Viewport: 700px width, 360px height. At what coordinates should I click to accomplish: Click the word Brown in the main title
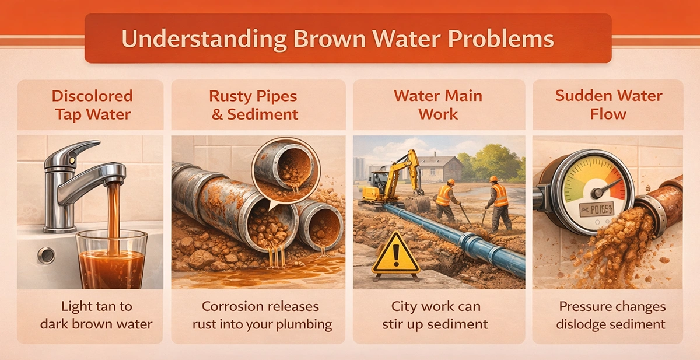coord(330,39)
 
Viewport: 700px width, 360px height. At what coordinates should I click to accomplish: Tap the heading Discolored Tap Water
coord(93,105)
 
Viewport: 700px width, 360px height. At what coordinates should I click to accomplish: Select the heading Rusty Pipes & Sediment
coord(254,105)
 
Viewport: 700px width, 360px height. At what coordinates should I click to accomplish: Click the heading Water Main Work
coord(438,105)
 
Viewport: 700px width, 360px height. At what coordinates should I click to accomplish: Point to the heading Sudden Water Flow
coord(608,105)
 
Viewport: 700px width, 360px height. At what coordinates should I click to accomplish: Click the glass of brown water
coord(111,260)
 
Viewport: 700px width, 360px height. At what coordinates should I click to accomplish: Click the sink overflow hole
coord(46,256)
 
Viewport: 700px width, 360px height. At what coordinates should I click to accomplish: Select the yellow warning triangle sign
coord(395,255)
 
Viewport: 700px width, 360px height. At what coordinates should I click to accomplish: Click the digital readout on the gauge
coord(597,209)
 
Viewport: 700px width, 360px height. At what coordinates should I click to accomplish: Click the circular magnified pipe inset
coord(286,171)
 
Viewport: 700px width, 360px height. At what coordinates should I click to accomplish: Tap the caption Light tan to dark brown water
coord(97,315)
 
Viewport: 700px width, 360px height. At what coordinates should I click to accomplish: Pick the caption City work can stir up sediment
coord(436,315)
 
